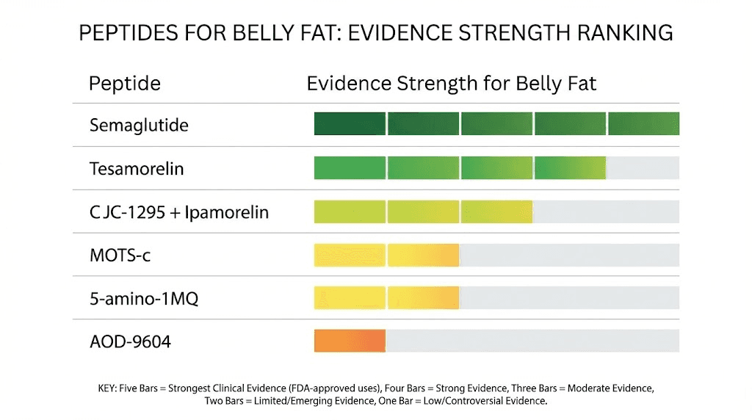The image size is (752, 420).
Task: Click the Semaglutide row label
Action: coord(139,126)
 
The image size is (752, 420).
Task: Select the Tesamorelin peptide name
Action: coord(137,169)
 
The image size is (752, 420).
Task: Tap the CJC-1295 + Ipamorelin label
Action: coord(179,212)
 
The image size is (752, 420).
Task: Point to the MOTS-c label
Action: coord(120,256)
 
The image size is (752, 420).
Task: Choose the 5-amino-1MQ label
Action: coord(144,299)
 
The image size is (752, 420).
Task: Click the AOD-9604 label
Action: coord(130,341)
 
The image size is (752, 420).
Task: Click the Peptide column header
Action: coord(124,83)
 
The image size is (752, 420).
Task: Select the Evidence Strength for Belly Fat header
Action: coord(451,83)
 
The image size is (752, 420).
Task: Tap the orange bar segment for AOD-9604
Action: coord(350,341)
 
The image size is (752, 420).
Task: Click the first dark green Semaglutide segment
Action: coord(350,124)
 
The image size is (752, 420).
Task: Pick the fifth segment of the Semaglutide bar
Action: coord(643,124)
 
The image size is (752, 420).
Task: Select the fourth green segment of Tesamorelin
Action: coord(570,168)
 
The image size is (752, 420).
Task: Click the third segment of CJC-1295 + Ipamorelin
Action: coord(496,211)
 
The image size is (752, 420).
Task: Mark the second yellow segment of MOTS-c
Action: coord(423,255)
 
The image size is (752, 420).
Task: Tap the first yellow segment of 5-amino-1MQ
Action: coord(350,298)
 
